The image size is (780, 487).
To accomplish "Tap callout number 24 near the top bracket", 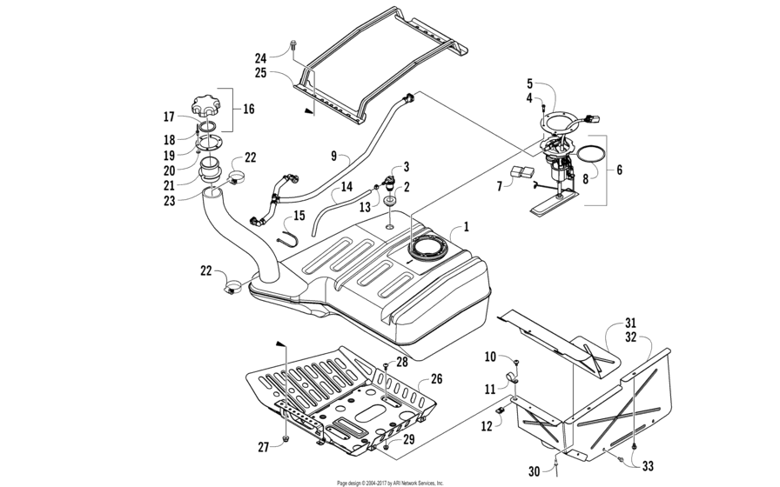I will (260, 58).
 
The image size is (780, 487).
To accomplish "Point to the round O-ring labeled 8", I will (591, 157).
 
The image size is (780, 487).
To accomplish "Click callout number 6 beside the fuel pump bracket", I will (618, 171).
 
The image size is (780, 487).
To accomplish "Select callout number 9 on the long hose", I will (333, 157).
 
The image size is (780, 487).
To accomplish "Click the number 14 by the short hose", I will (346, 186).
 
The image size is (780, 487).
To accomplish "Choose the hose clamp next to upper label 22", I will (235, 178).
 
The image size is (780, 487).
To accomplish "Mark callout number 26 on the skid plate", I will (437, 378).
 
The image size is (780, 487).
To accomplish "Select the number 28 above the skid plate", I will (401, 361).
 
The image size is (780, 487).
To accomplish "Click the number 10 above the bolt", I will (490, 357).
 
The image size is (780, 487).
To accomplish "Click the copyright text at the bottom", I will (390, 482).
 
